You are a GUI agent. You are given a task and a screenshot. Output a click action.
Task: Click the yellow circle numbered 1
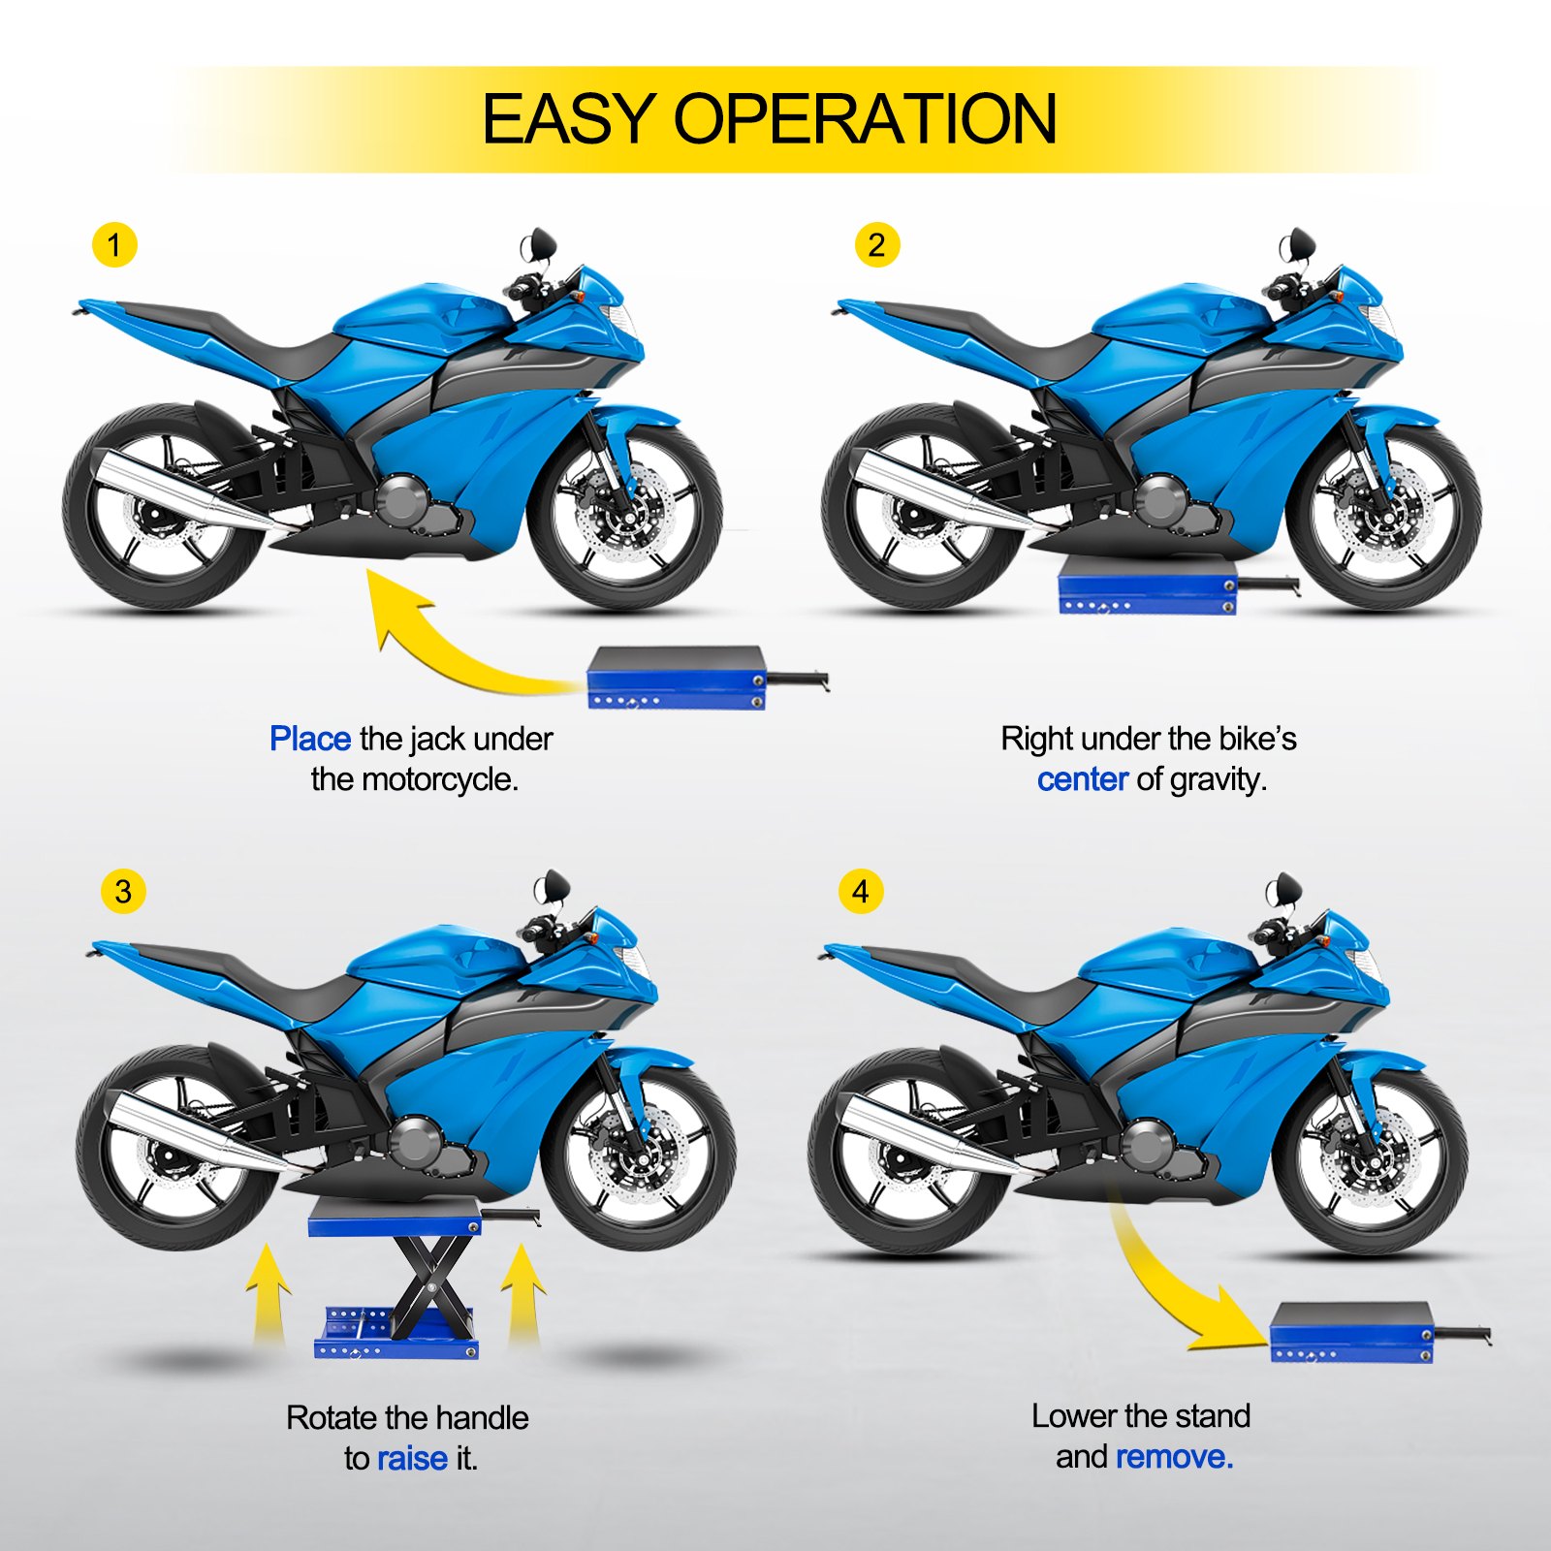coord(114,245)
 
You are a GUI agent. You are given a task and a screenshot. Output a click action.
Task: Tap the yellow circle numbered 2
coord(876,245)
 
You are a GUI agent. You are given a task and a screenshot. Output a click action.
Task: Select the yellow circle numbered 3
coord(123,891)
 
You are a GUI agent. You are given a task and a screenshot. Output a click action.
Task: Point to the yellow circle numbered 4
coord(861,891)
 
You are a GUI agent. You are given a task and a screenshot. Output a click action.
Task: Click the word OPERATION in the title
coord(865,120)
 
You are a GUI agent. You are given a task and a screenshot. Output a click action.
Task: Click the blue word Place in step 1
coord(309,739)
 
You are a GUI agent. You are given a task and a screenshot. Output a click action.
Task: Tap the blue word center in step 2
coord(1082,779)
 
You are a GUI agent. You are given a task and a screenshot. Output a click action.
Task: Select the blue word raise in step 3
coord(412,1458)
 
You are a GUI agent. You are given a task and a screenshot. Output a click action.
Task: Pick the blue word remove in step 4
coord(1174,1457)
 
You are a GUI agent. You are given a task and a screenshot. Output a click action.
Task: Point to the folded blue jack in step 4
coord(1351,1332)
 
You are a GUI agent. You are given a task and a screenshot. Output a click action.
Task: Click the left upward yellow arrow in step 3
coord(268,1294)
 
